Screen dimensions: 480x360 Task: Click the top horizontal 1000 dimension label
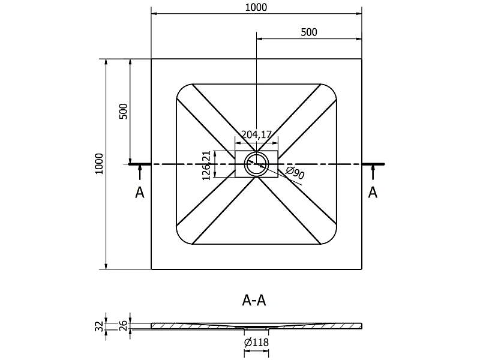point(256,7)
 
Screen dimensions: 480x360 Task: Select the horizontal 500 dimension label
point(309,32)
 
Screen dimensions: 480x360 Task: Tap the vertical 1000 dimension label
point(99,164)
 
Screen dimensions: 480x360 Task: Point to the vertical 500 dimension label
point(123,112)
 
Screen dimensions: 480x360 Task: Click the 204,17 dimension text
point(257,134)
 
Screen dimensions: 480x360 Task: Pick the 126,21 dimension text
point(206,166)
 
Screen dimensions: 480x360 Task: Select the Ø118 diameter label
point(257,342)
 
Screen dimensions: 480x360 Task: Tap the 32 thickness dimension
point(99,326)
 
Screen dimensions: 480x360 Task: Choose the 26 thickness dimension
point(123,325)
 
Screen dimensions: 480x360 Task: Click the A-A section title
point(254,301)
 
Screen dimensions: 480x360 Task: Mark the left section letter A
point(140,193)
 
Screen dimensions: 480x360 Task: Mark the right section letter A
point(373,192)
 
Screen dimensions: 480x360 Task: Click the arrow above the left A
point(140,172)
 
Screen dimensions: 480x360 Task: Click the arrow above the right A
point(373,172)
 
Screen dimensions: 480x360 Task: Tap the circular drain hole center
point(257,164)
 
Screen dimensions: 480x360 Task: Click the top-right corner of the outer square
point(362,59)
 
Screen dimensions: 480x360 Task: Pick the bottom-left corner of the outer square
point(151,269)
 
